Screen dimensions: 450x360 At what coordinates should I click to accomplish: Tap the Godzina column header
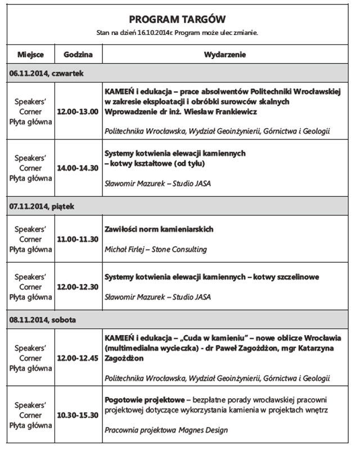[78, 55]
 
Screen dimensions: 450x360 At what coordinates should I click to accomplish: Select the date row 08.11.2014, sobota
[43, 319]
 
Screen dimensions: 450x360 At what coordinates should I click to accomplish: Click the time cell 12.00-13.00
[78, 111]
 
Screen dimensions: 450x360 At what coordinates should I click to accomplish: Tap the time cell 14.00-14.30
[78, 168]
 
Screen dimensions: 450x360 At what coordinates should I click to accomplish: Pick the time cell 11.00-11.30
[78, 239]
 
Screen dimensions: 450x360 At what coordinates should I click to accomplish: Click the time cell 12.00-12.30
[78, 286]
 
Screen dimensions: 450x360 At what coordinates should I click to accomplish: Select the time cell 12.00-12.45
[78, 358]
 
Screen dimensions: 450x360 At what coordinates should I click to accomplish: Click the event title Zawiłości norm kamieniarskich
[159, 229]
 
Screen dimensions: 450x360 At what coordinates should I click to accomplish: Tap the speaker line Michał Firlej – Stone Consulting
[156, 249]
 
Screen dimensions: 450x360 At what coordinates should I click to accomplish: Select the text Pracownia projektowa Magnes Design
[166, 430]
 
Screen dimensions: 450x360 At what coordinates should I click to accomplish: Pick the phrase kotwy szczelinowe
[286, 277]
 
